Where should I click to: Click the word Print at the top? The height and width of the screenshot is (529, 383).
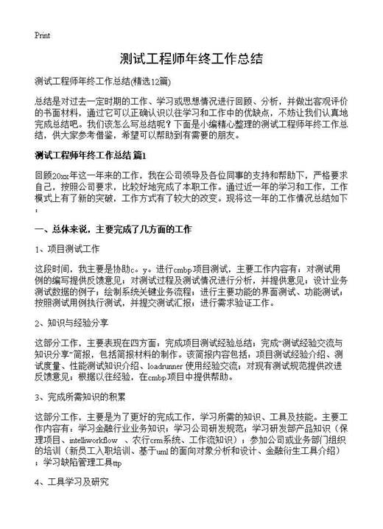coord(42,35)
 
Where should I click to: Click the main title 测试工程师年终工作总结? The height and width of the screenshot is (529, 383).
coord(191,60)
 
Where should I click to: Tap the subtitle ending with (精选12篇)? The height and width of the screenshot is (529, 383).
coord(102,80)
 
